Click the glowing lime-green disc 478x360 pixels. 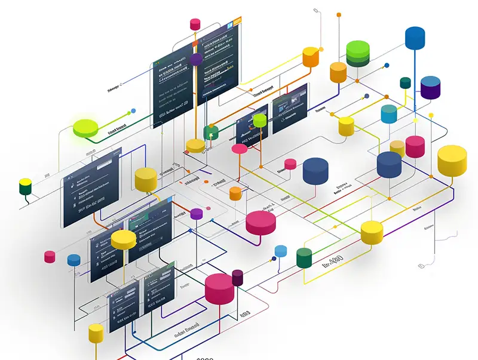point(85,127)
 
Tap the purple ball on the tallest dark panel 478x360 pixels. point(196,59)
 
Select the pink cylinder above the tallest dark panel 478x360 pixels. point(195,24)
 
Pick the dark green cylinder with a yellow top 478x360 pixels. point(25,186)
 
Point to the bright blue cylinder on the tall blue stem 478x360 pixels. point(415,38)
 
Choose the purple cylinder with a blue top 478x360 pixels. point(430,87)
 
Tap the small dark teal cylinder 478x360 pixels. point(405,82)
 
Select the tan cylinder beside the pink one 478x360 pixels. point(397,147)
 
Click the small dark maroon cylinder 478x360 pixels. point(238,277)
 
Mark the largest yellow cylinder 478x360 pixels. point(452,160)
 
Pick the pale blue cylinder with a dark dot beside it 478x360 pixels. point(389,113)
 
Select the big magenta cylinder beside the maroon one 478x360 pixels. point(219,288)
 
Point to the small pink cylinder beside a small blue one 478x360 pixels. point(50,257)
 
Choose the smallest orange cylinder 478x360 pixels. point(235,193)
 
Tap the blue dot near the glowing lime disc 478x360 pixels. point(133,110)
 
